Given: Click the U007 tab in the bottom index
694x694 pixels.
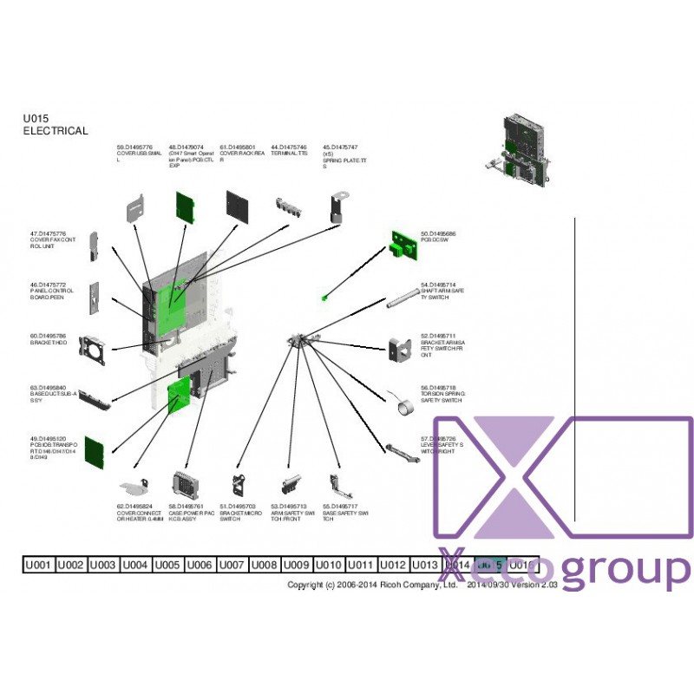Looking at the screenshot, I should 232,565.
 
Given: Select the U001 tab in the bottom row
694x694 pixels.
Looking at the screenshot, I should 37,565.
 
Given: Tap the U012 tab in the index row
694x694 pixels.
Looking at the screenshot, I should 393,565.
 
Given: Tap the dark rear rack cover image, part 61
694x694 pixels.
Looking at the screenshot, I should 238,206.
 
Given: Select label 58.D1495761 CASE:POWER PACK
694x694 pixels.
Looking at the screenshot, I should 187,513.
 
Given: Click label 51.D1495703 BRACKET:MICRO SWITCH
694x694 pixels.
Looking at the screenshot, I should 238,512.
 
